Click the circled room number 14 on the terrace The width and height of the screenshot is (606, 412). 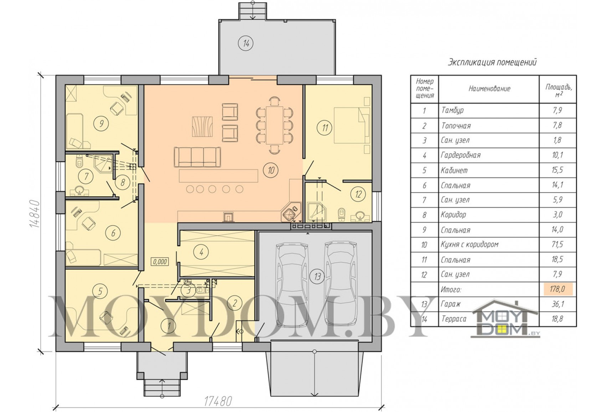[246, 43]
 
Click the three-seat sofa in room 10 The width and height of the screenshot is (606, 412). [197, 157]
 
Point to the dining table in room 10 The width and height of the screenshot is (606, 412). [274, 125]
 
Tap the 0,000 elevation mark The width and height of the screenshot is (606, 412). [160, 262]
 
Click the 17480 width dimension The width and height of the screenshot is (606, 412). [218, 401]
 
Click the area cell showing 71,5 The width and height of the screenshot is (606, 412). [558, 244]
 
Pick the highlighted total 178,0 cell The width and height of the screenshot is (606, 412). [558, 289]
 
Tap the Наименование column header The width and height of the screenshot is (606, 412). [489, 89]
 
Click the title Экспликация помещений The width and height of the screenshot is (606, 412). [492, 62]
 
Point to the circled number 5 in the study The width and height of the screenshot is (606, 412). [100, 291]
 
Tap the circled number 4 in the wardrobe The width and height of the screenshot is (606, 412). [201, 252]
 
